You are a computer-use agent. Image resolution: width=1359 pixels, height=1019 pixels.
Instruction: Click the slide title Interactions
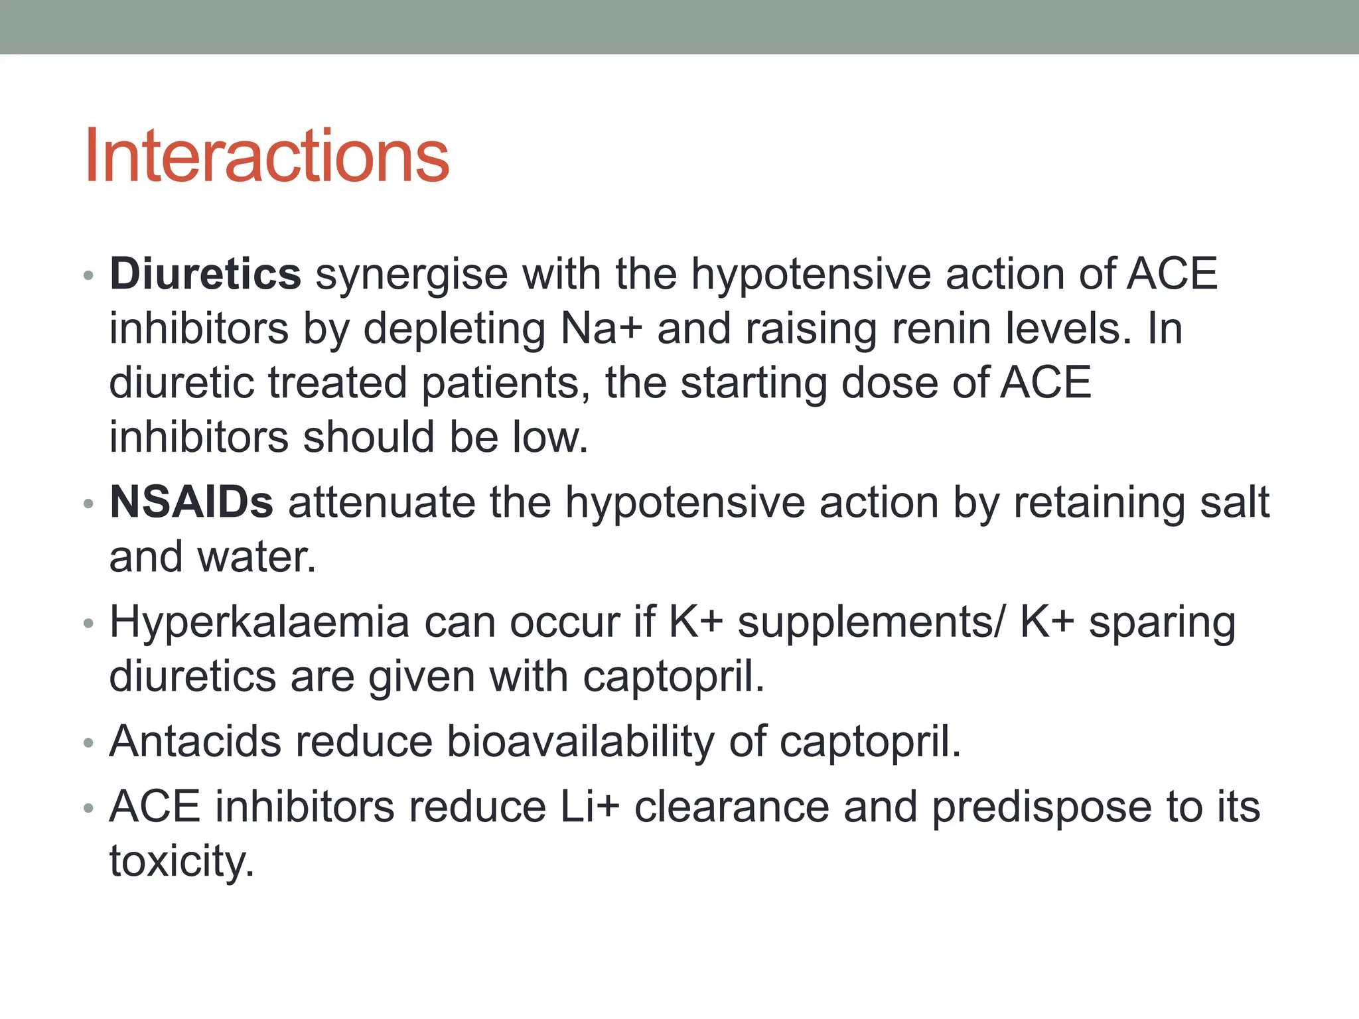[267, 157]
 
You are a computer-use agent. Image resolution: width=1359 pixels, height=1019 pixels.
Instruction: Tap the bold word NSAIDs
[191, 502]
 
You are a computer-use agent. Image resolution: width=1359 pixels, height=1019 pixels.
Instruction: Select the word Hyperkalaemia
[259, 622]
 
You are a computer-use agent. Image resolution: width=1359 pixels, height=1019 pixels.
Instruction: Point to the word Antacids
[194, 741]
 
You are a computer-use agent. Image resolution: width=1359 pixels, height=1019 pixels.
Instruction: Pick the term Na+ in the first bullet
[601, 328]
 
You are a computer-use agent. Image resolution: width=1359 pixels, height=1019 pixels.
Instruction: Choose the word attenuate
[382, 502]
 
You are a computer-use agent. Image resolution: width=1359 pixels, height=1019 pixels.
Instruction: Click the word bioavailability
[581, 741]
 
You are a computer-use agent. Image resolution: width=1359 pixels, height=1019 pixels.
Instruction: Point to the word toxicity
[182, 862]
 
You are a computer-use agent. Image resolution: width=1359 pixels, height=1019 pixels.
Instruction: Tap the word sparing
[1163, 624]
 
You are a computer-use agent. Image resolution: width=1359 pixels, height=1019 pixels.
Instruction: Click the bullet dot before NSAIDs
[89, 504]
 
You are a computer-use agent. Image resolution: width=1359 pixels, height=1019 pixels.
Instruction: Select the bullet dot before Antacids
[89, 743]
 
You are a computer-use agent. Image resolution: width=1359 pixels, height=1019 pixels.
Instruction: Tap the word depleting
[454, 330]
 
